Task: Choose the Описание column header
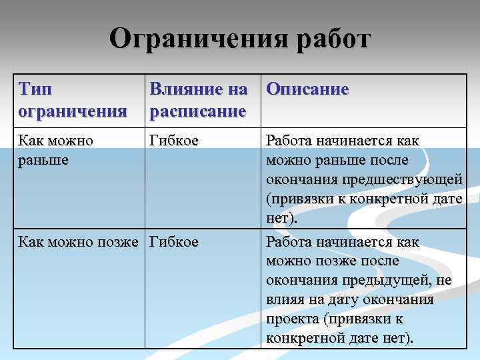coord(307,89)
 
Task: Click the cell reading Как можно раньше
coord(56,150)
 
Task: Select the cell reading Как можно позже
coord(81,241)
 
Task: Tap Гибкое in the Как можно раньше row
coord(174,141)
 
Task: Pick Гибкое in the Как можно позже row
coord(174,241)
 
